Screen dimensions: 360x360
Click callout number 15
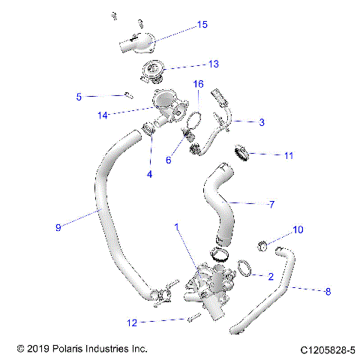click(202, 25)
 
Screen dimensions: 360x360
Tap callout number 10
click(297, 229)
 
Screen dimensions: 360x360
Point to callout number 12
click(131, 322)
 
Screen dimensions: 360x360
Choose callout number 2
click(270, 277)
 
